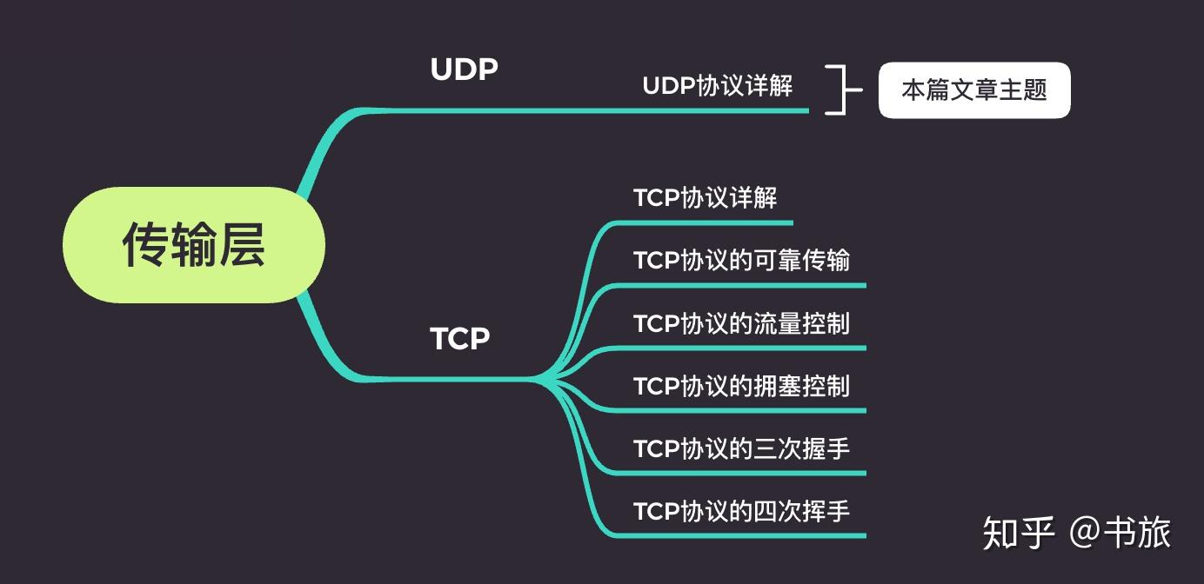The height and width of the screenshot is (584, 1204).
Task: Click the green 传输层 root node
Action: (194, 245)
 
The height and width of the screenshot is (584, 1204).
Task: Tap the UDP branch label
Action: (465, 70)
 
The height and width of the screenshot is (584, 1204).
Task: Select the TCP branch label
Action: (460, 339)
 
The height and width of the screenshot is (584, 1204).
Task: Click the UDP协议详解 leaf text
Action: (718, 86)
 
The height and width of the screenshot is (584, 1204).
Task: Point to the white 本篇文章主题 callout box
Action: (974, 90)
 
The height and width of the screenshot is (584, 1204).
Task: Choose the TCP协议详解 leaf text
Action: (706, 197)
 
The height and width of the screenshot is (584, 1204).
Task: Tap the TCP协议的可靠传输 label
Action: (742, 261)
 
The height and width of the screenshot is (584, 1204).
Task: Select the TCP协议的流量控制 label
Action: (742, 323)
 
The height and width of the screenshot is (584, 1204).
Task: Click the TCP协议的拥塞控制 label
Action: (742, 386)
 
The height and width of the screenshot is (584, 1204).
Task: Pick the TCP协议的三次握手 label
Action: (742, 448)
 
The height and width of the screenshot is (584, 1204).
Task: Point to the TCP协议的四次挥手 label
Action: (742, 511)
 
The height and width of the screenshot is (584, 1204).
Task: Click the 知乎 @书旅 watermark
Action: (1077, 533)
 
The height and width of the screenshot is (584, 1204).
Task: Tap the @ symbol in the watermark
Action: (1084, 533)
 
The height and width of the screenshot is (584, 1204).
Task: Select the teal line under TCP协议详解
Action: (703, 223)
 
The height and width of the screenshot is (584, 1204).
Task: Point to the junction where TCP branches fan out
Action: (540, 380)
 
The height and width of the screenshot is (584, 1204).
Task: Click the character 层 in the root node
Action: (241, 245)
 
